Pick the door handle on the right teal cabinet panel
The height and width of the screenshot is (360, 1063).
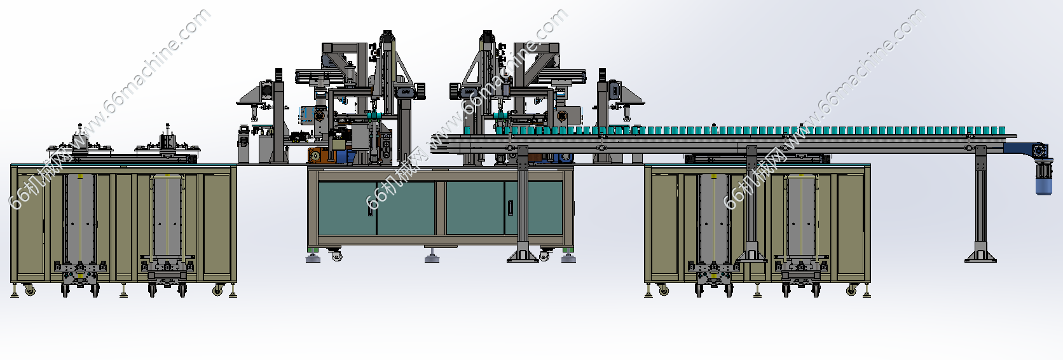point(510,208)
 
